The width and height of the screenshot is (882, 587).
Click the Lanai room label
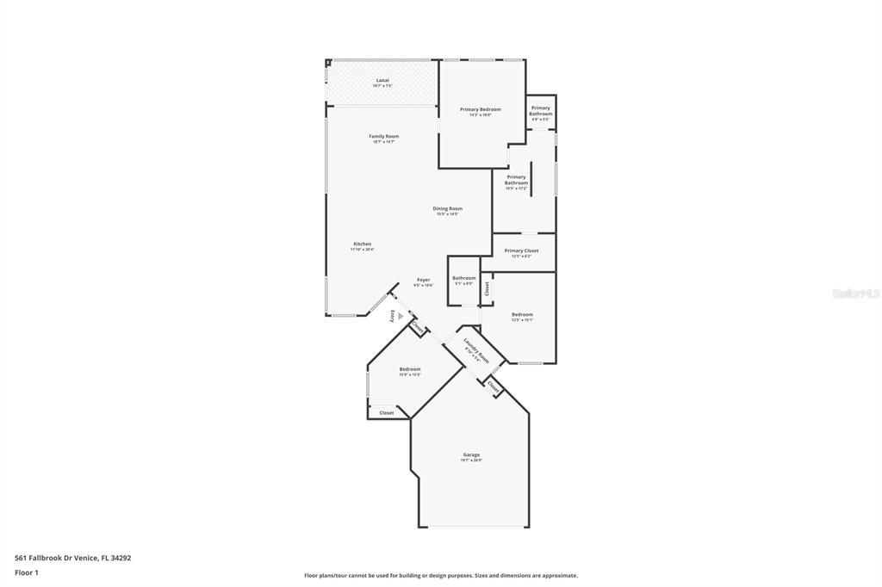tap(382, 81)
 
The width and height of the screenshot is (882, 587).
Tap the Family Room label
tap(383, 137)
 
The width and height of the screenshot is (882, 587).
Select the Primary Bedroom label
tap(480, 110)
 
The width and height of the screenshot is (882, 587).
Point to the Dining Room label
tap(447, 209)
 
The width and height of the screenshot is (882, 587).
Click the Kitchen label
tap(362, 244)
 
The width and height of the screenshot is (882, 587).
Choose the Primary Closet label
tap(521, 251)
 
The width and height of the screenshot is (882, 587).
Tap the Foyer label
tap(423, 281)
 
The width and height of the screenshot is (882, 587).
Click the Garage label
tap(471, 455)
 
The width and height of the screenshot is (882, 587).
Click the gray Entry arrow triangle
tap(400, 316)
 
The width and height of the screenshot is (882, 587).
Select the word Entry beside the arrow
tap(393, 315)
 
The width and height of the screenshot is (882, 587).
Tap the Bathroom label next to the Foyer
tap(463, 278)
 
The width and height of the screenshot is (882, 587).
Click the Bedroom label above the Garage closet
tap(409, 370)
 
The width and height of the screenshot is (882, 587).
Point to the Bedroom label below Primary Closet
tap(522, 315)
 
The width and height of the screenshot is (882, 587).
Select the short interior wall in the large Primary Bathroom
tap(531, 178)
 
